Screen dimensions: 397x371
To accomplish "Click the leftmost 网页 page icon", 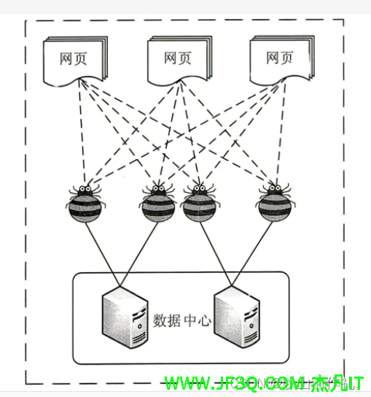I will point(74,60).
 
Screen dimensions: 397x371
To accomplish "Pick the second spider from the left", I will point(157,204).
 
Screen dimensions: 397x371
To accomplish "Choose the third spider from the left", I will point(197,204).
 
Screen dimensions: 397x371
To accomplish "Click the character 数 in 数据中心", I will point(160,320).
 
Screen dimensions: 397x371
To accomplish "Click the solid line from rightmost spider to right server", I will point(256,248).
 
